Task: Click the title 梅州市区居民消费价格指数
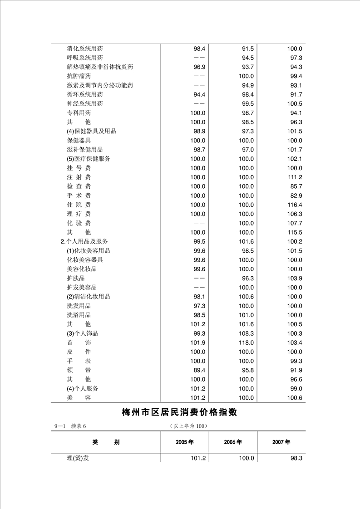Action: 180,412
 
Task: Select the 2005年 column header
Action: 185,442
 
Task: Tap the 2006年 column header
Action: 233,442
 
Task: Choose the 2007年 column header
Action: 281,442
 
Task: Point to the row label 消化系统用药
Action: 85,49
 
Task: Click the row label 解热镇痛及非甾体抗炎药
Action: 100,67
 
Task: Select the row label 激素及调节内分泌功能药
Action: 100,85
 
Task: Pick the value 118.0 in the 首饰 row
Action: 246,343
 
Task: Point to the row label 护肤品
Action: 76,278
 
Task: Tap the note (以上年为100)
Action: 187,426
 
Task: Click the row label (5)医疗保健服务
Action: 89,159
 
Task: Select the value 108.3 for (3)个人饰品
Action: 246,333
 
